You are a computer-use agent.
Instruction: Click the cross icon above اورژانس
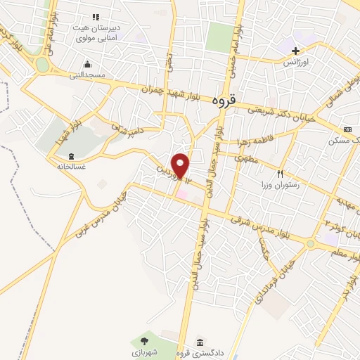click(296, 51)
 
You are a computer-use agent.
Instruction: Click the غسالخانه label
click(70, 167)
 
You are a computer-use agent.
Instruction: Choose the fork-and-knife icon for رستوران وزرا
click(280, 173)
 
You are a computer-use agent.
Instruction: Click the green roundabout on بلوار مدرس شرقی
click(310, 243)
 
